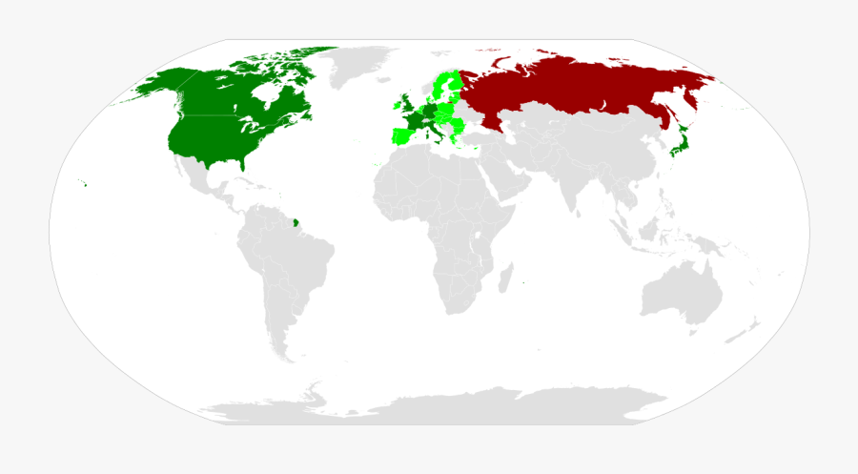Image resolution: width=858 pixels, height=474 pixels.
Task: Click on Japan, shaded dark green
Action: point(674,148)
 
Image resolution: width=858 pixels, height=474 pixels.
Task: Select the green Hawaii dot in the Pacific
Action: point(84,185)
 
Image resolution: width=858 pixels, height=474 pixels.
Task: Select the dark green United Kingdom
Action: point(407,105)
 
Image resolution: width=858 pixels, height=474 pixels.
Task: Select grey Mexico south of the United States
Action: point(205,181)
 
